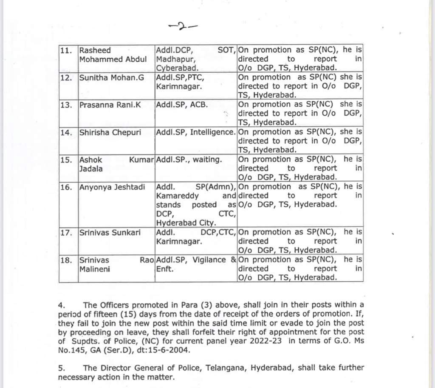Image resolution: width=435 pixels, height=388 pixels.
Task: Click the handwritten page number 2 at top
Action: click(182, 26)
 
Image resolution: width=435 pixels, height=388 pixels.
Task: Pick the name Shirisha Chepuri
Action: click(112, 132)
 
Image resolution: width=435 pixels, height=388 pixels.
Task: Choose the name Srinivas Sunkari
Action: click(110, 232)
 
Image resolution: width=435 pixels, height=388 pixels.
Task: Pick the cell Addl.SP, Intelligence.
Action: click(195, 132)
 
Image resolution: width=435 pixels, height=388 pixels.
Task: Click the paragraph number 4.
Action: click(61, 305)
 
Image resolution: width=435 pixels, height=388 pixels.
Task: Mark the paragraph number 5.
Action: click(61, 368)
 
